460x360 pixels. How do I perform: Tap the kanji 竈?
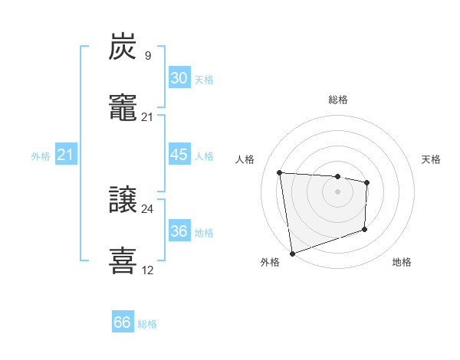(123, 108)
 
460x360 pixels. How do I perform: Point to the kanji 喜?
(123, 261)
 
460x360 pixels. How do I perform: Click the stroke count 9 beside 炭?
(147, 55)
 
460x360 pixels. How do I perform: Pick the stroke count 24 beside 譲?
(147, 208)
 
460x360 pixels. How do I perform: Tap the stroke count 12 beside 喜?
(147, 270)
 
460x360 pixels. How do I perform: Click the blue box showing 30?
(179, 78)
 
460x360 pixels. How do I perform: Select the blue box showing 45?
(179, 155)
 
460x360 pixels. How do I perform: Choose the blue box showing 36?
(179, 231)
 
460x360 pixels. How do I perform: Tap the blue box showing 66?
(122, 322)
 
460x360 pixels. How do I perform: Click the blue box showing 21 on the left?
(65, 155)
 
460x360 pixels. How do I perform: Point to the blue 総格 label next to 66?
(147, 324)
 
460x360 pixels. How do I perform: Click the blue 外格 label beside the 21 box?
(41, 156)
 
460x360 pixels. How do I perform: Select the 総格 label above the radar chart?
(338, 100)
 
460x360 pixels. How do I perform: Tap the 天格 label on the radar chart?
(432, 159)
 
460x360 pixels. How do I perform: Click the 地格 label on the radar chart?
(402, 262)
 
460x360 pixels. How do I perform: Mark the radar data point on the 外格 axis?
(291, 253)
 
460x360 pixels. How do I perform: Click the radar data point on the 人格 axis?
(280, 172)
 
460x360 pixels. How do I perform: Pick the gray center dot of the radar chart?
(337, 191)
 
